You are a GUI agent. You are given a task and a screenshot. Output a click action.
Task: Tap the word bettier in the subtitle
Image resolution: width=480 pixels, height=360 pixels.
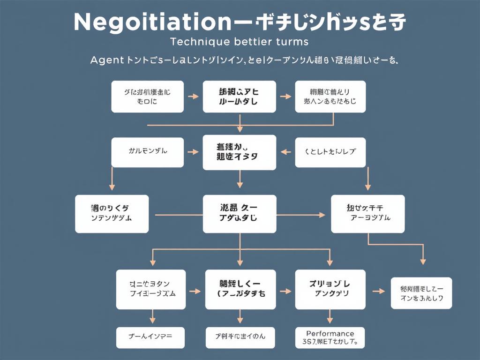253,42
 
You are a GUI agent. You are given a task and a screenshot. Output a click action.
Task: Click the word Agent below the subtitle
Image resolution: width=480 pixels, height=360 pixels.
106,60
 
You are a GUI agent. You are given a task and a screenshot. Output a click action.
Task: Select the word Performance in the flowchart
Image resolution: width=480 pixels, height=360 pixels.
330,334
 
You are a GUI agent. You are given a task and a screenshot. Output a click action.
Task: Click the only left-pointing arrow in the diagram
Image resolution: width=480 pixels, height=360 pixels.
283,152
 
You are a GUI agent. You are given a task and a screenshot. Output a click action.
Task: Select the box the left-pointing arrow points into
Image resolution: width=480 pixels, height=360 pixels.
240,152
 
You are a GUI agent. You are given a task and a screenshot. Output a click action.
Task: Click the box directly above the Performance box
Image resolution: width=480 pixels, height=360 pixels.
330,290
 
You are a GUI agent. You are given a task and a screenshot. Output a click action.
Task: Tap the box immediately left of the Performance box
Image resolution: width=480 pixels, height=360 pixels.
240,337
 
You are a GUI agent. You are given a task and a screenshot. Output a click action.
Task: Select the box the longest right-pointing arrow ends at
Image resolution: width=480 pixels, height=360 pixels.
367,214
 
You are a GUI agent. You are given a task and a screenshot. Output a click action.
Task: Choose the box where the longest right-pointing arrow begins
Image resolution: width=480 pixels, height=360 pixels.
112,214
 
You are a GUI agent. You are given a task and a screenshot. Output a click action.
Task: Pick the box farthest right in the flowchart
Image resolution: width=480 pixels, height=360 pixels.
421,293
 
